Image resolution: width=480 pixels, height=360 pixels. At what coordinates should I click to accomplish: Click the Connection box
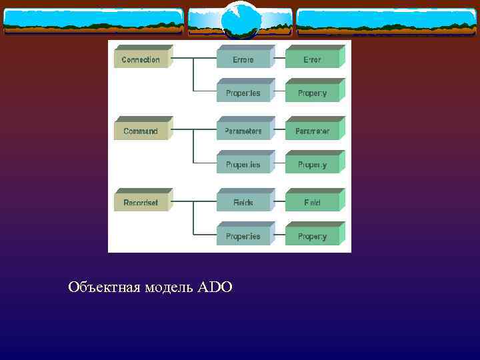pyautogui.click(x=141, y=60)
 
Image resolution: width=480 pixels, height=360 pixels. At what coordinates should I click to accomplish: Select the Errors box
pyautogui.click(x=243, y=60)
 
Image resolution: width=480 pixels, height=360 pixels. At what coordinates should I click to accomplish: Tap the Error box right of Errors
pyautogui.click(x=312, y=60)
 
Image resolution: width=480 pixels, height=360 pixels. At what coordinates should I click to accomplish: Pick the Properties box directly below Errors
pyautogui.click(x=243, y=93)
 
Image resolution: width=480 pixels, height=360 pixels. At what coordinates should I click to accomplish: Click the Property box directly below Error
pyautogui.click(x=312, y=93)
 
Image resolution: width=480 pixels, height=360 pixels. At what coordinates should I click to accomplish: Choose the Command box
pyautogui.click(x=141, y=131)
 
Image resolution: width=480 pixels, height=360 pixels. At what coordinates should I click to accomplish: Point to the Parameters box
pyautogui.click(x=243, y=131)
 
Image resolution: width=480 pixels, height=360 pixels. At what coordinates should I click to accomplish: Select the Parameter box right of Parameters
pyautogui.click(x=312, y=131)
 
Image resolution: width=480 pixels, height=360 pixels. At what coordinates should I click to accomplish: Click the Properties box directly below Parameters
pyautogui.click(x=243, y=165)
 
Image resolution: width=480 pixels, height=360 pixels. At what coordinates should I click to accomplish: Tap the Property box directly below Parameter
pyautogui.click(x=312, y=165)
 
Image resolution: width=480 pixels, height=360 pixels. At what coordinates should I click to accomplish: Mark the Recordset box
pyautogui.click(x=141, y=203)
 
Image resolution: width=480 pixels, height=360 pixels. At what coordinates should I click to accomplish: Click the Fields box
pyautogui.click(x=243, y=203)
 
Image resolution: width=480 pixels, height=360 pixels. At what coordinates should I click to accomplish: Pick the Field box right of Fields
pyautogui.click(x=312, y=203)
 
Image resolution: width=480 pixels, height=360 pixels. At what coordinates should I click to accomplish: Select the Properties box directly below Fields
pyautogui.click(x=243, y=237)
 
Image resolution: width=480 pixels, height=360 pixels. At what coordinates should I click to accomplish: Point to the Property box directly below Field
pyautogui.click(x=312, y=237)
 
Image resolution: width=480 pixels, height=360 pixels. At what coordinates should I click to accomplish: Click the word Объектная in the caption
pyautogui.click(x=103, y=287)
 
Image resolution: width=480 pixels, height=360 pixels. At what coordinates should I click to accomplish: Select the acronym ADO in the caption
pyautogui.click(x=215, y=287)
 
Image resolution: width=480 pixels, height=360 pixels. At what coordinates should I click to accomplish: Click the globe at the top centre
pyautogui.click(x=240, y=20)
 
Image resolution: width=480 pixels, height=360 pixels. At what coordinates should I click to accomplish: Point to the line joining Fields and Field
pyautogui.click(x=279, y=201)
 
